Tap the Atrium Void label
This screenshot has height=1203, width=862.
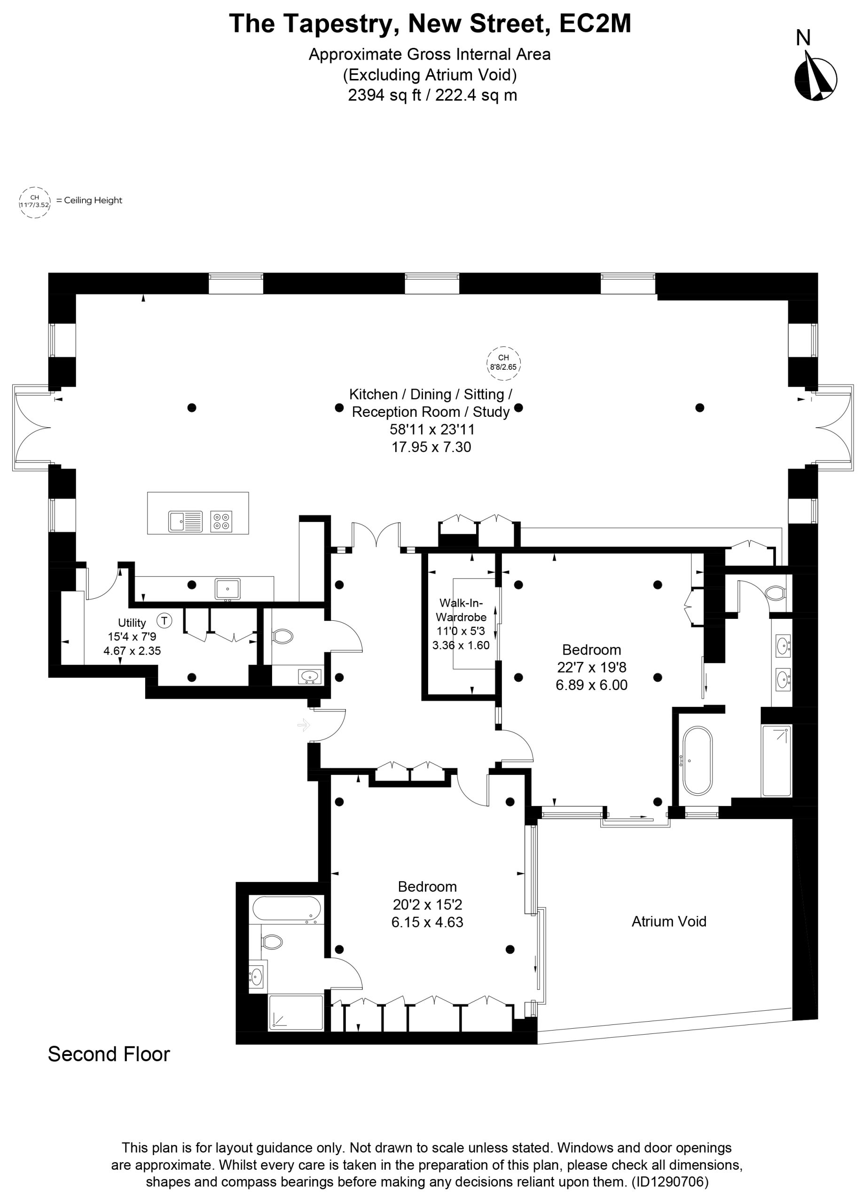pyautogui.click(x=669, y=922)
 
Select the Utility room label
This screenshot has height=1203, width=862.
pyautogui.click(x=132, y=623)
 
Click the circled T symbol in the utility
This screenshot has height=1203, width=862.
pyautogui.click(x=165, y=620)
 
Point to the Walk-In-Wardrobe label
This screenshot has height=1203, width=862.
pyautogui.click(x=461, y=610)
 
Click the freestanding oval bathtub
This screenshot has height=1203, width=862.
pyautogui.click(x=697, y=761)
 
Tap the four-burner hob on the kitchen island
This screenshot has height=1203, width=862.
pyautogui.click(x=222, y=520)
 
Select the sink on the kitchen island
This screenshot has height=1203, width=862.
pyautogui.click(x=186, y=521)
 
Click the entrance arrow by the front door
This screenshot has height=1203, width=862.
pyautogui.click(x=304, y=725)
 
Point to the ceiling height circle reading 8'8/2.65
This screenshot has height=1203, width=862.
pyautogui.click(x=503, y=363)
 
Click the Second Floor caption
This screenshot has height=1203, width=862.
pyautogui.click(x=109, y=1054)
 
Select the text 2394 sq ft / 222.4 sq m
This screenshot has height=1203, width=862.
pyautogui.click(x=432, y=95)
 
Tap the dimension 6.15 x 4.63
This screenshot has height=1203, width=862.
pyautogui.click(x=428, y=922)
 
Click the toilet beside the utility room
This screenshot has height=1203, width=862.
pyautogui.click(x=283, y=636)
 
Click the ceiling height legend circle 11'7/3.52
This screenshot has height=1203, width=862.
pyautogui.click(x=34, y=202)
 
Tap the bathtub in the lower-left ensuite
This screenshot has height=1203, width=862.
pyautogui.click(x=286, y=909)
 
